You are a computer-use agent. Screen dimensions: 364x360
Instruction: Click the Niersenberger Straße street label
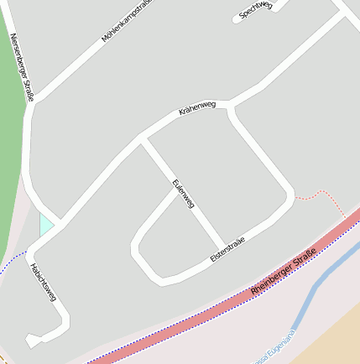(23, 67)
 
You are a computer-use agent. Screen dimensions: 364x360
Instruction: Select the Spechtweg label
(256, 10)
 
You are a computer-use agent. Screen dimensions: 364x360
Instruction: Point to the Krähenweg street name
(197, 109)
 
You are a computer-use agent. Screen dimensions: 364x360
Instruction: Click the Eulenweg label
(183, 194)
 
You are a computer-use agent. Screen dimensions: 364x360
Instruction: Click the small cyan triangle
(45, 224)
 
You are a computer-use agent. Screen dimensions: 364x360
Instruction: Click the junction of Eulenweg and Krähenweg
(143, 140)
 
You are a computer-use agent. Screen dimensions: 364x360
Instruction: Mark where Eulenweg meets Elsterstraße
(222, 246)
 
